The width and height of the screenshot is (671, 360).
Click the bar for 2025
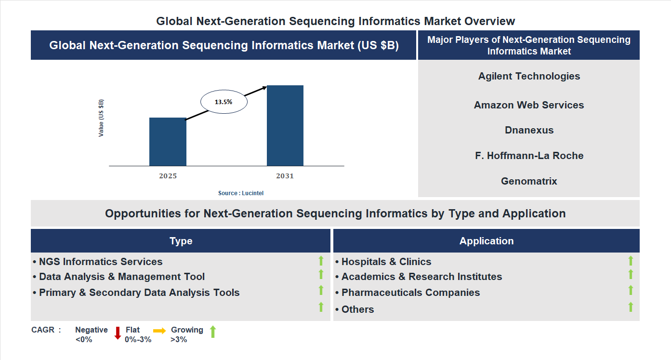pyautogui.click(x=168, y=142)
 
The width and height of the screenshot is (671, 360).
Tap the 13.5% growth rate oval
pyautogui.click(x=224, y=102)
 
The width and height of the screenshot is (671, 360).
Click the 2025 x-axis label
pyautogui.click(x=168, y=176)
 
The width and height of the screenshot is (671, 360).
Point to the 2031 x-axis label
pyautogui.click(x=285, y=176)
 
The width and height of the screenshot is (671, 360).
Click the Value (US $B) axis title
pyautogui.click(x=101, y=118)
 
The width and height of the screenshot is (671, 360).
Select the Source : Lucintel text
pyautogui.click(x=241, y=193)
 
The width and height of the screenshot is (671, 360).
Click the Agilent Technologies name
pyautogui.click(x=529, y=76)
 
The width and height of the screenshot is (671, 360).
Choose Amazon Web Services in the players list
pyautogui.click(x=529, y=105)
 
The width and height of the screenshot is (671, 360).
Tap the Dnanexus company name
pyautogui.click(x=529, y=130)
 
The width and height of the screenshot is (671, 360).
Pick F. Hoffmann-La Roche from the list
pyautogui.click(x=529, y=156)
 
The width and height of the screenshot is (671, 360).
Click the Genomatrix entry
pyautogui.click(x=529, y=181)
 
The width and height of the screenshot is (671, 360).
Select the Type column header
pyautogui.click(x=181, y=241)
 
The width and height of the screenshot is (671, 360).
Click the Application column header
pyautogui.click(x=487, y=241)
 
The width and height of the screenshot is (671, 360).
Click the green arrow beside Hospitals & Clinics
pyautogui.click(x=631, y=261)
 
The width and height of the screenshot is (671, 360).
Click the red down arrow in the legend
pyautogui.click(x=118, y=333)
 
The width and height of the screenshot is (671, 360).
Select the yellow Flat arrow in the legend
pyautogui.click(x=159, y=331)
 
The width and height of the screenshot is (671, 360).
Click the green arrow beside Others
pyautogui.click(x=631, y=307)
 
